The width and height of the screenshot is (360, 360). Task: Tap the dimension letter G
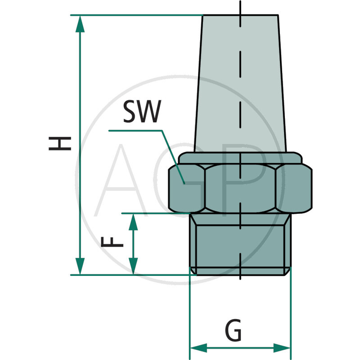click(x=233, y=332)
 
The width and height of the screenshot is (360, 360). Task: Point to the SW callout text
click(x=142, y=112)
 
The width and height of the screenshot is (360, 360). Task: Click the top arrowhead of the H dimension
click(x=80, y=22)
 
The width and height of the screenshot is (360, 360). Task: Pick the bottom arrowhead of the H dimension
click(x=80, y=266)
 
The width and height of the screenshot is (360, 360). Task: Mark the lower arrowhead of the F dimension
click(x=133, y=266)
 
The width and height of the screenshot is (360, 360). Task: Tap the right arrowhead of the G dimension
click(x=282, y=348)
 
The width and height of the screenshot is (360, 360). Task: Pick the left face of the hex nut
click(x=185, y=188)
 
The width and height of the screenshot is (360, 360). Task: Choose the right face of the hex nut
click(x=295, y=188)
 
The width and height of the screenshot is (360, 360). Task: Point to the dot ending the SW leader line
click(x=184, y=182)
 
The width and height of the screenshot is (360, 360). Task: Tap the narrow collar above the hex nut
click(x=241, y=157)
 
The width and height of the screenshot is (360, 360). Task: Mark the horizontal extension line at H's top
click(x=135, y=16)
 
